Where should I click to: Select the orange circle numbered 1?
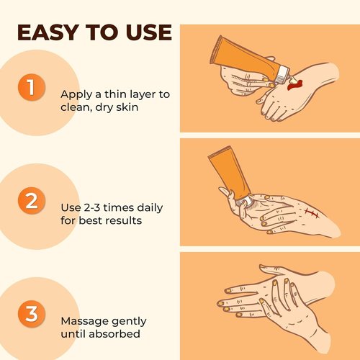click(x=30, y=88)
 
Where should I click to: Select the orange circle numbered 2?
click(x=30, y=201)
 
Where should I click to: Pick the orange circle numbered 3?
click(x=30, y=314)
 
